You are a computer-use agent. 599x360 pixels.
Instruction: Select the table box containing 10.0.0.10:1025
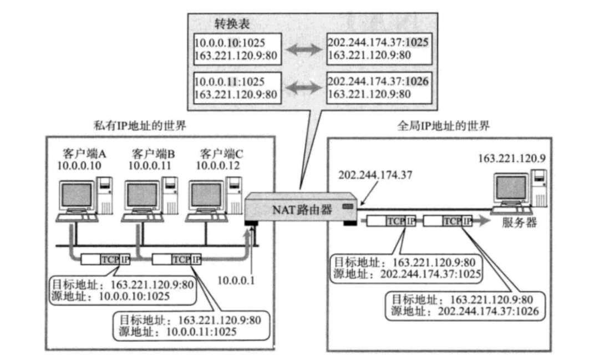pos(237,48)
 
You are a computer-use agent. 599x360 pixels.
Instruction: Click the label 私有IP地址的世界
pos(139,126)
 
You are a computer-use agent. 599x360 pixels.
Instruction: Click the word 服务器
pos(519,223)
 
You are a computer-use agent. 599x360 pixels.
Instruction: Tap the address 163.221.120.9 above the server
pos(512,160)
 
